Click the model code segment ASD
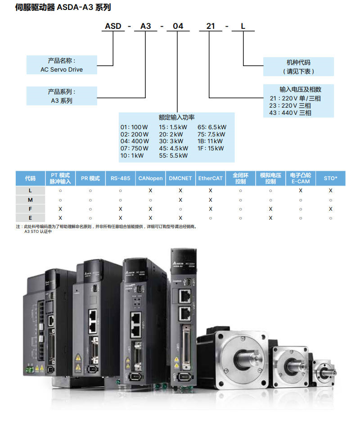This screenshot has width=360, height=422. coord(113,26)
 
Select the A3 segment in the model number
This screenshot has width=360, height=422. coord(146,26)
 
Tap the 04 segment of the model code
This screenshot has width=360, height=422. coord(178,26)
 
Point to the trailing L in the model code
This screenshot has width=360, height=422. coord(243,26)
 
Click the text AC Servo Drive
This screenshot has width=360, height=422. coord(62,70)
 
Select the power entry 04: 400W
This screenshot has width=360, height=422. coord(134,141)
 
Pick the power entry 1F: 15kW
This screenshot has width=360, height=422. coord(210,148)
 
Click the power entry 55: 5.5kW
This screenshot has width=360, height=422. coord(173,155)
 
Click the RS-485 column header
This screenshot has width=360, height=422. coord(120,178)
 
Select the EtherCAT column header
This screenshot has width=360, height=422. coord(210,178)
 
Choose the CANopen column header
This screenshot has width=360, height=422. coord(150,178)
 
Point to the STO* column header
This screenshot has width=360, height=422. coord(330,178)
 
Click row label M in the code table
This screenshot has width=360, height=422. coord(30,200)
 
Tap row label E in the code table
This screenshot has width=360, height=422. coord(30,218)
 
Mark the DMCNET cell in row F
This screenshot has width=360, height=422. coord(180,209)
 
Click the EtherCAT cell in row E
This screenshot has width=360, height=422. coord(210,218)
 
